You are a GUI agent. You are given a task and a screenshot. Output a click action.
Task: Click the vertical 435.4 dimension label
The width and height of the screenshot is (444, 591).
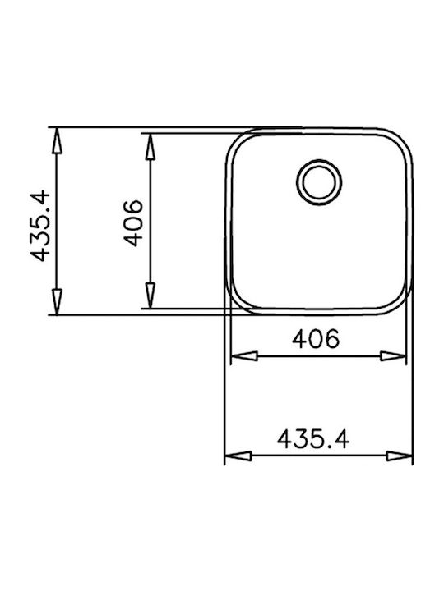[40, 227]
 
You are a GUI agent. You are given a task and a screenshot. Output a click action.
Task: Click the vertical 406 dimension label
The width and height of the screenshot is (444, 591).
[134, 223]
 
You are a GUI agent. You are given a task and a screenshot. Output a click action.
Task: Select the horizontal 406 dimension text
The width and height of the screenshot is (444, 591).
[316, 338]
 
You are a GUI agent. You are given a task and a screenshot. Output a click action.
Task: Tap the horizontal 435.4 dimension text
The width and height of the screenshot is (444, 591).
[313, 439]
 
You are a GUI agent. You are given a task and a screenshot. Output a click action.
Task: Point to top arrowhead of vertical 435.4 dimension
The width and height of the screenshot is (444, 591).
[57, 140]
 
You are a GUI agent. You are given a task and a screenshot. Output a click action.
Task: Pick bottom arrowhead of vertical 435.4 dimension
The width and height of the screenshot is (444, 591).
[57, 301]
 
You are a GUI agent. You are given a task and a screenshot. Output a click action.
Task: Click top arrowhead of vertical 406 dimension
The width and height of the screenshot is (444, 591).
[150, 146]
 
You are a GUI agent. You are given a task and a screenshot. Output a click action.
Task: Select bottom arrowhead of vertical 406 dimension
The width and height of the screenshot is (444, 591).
[150, 295]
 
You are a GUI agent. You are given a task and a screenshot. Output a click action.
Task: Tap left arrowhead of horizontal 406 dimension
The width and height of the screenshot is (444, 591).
[244, 356]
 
